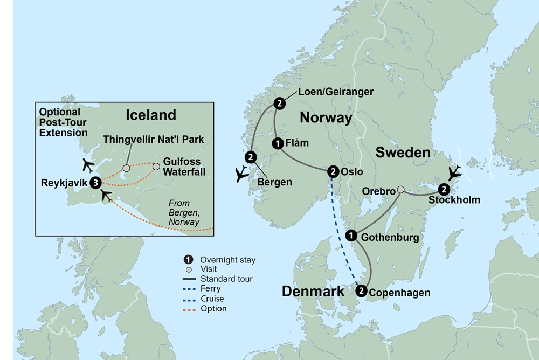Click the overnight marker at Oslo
[333, 171]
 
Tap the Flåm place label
[297, 143]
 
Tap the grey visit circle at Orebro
[400, 189]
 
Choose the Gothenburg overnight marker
[351, 235]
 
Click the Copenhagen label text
[399, 293]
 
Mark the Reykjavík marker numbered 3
[96, 183]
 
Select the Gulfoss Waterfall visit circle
[156, 167]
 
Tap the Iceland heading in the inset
[151, 115]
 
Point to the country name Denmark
[313, 292]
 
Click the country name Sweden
[403, 153]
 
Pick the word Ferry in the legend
[210, 289]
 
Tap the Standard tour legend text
[226, 279]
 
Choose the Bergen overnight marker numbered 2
[251, 157]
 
